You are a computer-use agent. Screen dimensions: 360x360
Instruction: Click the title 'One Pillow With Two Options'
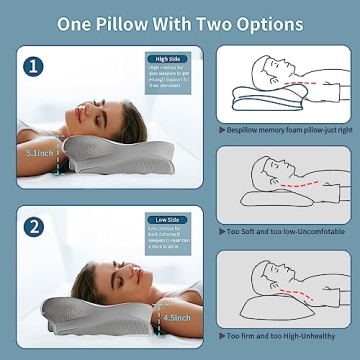[180, 21]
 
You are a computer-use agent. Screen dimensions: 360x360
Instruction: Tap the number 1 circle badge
[36, 67]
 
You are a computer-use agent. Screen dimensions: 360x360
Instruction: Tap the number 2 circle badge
[36, 227]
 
